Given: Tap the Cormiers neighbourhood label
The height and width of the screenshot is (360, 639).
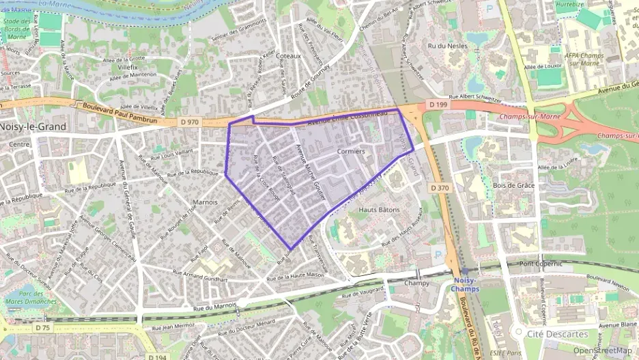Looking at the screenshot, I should [x=351, y=150].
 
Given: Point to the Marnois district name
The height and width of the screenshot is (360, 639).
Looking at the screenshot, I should [x=205, y=202].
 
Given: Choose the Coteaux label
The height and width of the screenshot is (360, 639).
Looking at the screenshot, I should [x=289, y=57].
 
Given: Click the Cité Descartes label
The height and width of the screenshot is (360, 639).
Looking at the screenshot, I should [x=558, y=334].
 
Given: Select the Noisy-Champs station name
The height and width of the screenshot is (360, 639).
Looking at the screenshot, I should [x=467, y=284].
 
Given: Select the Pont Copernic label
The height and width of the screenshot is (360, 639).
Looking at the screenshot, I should [x=540, y=263].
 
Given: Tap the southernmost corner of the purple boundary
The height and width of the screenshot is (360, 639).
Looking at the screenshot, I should [x=292, y=249].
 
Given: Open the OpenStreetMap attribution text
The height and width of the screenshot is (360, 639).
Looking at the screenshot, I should [x=601, y=350].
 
